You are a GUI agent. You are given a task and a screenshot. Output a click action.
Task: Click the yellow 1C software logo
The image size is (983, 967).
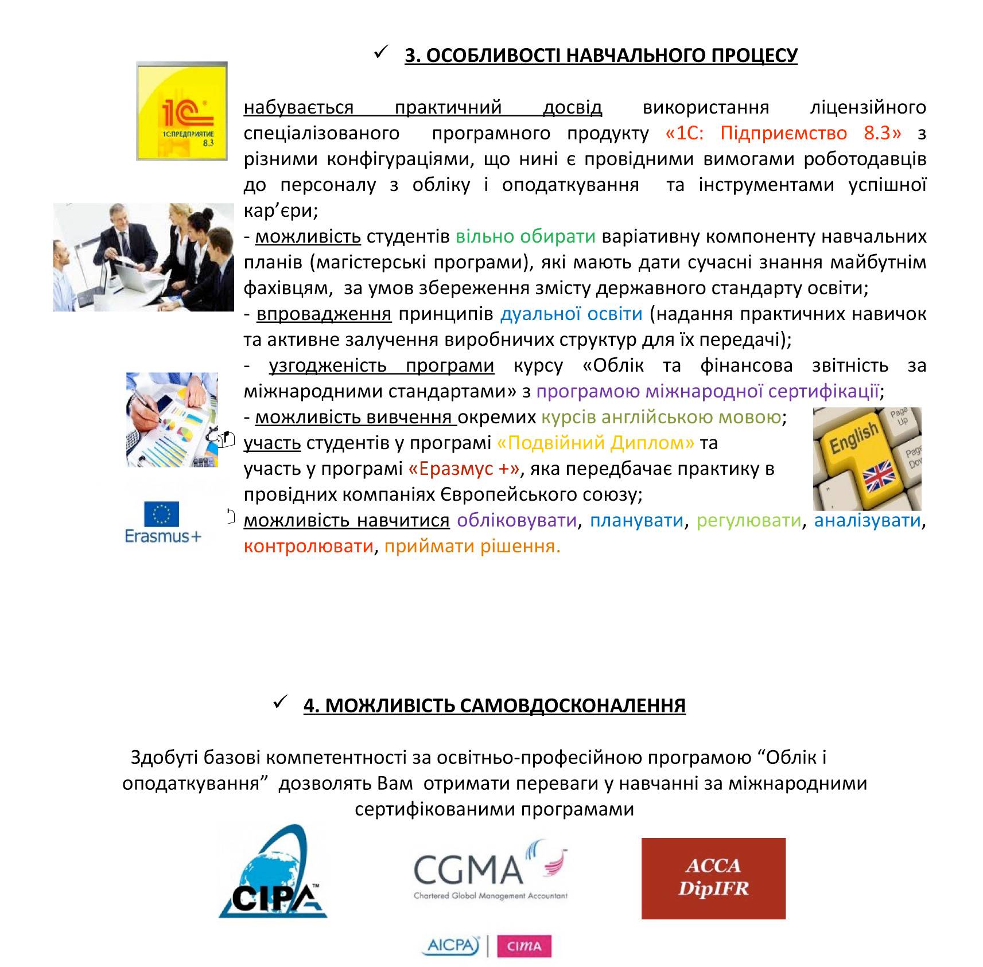tap(181, 111)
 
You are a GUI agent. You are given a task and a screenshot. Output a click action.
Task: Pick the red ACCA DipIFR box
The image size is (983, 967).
tap(713, 878)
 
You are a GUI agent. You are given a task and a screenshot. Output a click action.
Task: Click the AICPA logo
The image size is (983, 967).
tap(451, 946)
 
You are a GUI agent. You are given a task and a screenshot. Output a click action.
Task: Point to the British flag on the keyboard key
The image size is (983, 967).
tap(879, 475)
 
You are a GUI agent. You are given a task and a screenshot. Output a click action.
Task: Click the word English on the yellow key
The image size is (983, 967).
tap(854, 438)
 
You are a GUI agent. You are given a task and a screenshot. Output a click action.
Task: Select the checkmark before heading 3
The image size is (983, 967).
tap(381, 53)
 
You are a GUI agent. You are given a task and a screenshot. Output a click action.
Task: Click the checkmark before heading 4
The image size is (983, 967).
tap(280, 701)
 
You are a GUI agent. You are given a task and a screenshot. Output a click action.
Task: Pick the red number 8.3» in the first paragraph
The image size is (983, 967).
tap(883, 133)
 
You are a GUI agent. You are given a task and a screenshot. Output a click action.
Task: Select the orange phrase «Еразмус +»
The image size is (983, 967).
tap(464, 469)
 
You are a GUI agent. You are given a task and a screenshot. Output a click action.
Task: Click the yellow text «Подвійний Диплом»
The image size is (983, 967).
tap(595, 443)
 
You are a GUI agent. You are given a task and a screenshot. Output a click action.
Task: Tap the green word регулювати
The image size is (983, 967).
tap(748, 520)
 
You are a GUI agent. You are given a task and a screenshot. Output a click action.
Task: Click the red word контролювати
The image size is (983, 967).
tap(308, 546)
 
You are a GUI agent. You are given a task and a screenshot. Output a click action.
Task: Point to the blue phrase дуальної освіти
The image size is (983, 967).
tap(571, 314)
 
